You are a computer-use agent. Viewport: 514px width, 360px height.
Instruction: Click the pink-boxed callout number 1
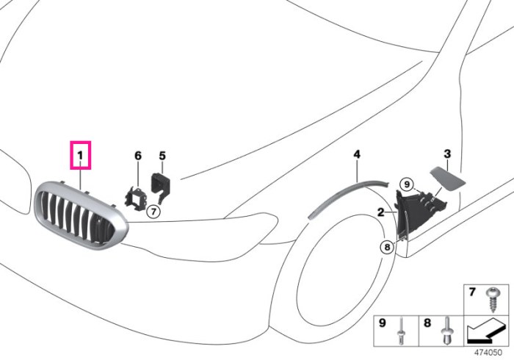pyautogui.click(x=80, y=155)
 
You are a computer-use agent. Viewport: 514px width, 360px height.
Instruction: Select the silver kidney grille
pyautogui.click(x=80, y=215)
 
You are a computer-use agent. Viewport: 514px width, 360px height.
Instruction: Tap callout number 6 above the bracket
pyautogui.click(x=138, y=156)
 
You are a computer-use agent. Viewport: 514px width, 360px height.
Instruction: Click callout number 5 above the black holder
pyautogui.click(x=162, y=156)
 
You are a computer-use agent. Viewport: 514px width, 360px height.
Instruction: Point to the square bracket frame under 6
pyautogui.click(x=136, y=198)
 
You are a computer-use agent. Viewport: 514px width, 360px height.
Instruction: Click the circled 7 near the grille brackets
pyautogui.click(x=153, y=212)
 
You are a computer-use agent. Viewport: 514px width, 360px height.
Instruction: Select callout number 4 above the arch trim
pyautogui.click(x=357, y=154)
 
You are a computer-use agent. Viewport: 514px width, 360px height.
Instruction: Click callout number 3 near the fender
pyautogui.click(x=447, y=154)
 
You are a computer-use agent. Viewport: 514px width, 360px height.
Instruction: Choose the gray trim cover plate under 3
pyautogui.click(x=447, y=179)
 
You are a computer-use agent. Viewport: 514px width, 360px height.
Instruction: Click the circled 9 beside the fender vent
pyautogui.click(x=407, y=184)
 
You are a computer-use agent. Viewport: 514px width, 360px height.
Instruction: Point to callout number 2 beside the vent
pyautogui.click(x=380, y=212)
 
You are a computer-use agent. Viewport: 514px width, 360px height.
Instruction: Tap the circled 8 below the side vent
pyautogui.click(x=387, y=247)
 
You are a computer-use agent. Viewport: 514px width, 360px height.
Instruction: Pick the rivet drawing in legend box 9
pyautogui.click(x=402, y=331)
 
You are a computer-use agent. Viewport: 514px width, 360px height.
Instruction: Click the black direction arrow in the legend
pyautogui.click(x=485, y=331)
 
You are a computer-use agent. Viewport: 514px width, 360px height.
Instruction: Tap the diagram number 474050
pyautogui.click(x=488, y=353)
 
